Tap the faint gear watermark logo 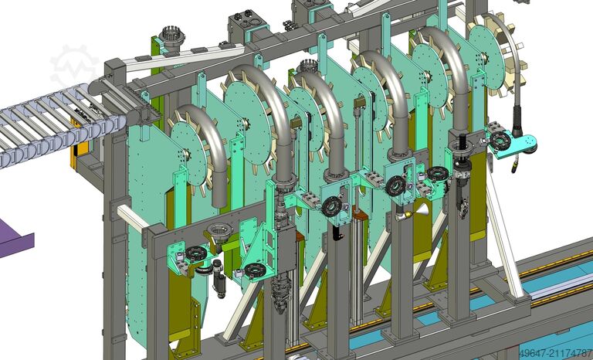click(74, 67)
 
